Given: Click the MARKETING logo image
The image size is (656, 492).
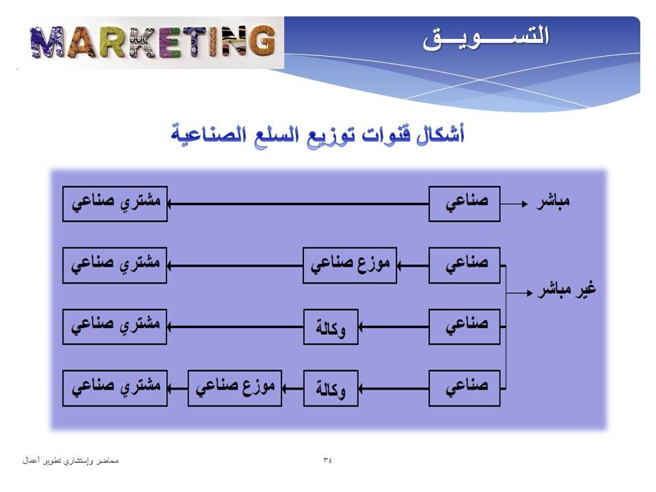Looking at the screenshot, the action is (152, 42).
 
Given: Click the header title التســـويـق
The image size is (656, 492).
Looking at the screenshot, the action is (485, 38).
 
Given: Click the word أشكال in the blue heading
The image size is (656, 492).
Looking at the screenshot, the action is (441, 134).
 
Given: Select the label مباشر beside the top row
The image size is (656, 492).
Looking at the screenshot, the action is (553, 201).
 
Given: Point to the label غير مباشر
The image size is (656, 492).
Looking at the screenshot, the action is (567, 290).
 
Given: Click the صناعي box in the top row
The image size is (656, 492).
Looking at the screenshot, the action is (465, 204).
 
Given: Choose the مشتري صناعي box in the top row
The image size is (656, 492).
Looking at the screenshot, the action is (115, 204).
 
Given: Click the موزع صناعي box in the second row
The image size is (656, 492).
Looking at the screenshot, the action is (350, 265).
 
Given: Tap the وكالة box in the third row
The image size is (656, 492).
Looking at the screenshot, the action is (331, 327).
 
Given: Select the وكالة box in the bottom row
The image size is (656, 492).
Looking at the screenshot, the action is (331, 388).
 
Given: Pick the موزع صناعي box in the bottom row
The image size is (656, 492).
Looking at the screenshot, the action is (234, 388).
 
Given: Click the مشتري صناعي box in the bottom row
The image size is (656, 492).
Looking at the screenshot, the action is (115, 388).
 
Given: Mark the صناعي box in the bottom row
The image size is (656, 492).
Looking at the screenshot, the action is (465, 388).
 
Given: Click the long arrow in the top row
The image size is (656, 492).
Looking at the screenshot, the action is (299, 204).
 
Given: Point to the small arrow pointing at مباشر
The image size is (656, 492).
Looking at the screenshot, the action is (514, 204).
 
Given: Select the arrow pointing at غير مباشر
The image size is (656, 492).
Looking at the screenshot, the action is (519, 293).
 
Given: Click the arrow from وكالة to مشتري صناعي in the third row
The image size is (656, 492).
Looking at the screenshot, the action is (235, 327).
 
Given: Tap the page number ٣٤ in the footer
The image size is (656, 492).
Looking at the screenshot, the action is (327, 460).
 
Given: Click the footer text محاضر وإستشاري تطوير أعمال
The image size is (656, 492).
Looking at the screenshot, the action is (70, 461).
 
